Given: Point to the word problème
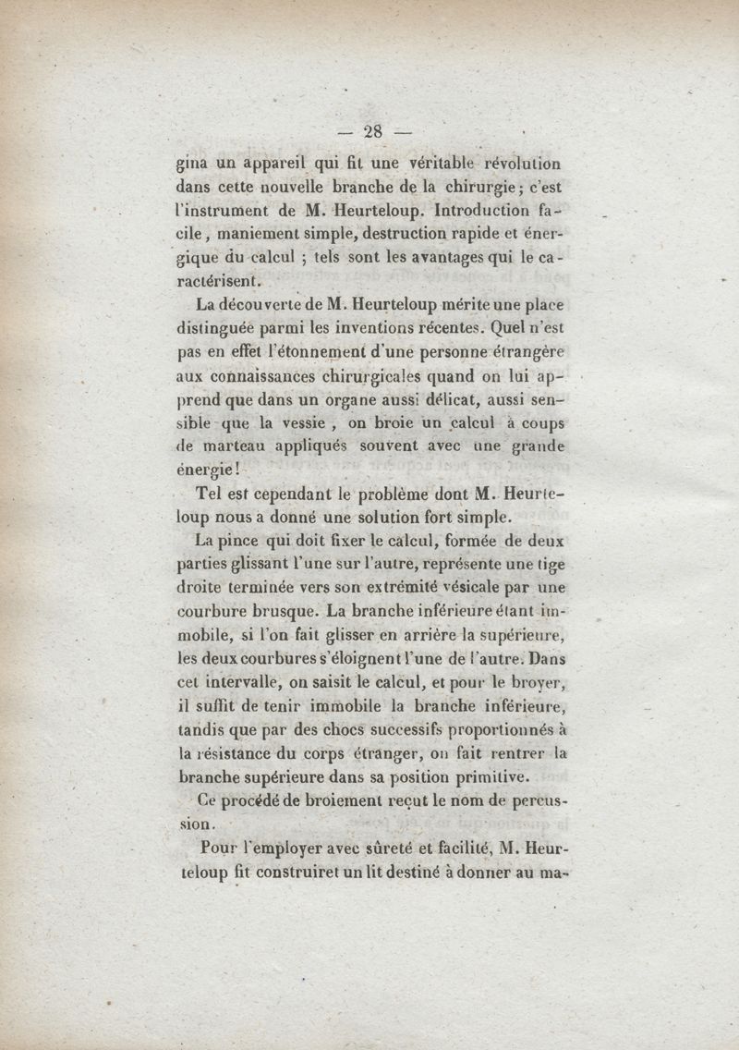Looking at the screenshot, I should point(406,495).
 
